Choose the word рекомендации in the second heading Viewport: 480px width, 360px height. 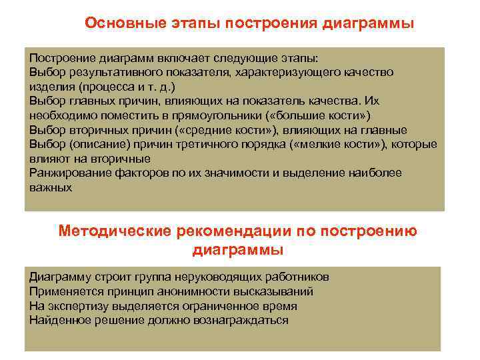[x=233, y=231]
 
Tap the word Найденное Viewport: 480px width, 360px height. [x=57, y=321]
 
